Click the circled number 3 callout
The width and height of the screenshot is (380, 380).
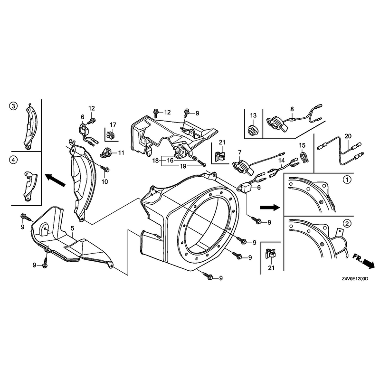click(13, 106)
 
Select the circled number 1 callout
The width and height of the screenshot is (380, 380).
click(348, 180)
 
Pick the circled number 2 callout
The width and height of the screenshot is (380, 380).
click(348, 223)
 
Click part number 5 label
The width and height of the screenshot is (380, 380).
click(73, 228)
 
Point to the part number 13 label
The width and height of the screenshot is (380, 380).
click(253, 115)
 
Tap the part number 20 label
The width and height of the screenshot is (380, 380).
click(348, 136)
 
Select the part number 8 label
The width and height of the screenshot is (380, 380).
click(292, 109)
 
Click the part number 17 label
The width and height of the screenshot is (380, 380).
click(113, 124)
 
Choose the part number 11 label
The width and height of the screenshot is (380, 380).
click(121, 152)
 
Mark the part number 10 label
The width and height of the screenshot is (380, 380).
click(104, 181)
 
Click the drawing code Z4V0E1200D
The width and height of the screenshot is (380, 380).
click(355, 279)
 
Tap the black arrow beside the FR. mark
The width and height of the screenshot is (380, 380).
click(369, 264)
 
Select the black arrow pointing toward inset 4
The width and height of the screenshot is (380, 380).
click(56, 180)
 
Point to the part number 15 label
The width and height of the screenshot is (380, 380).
click(302, 145)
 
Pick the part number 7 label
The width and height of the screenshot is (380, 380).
click(240, 152)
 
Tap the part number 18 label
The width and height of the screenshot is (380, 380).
click(156, 160)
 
